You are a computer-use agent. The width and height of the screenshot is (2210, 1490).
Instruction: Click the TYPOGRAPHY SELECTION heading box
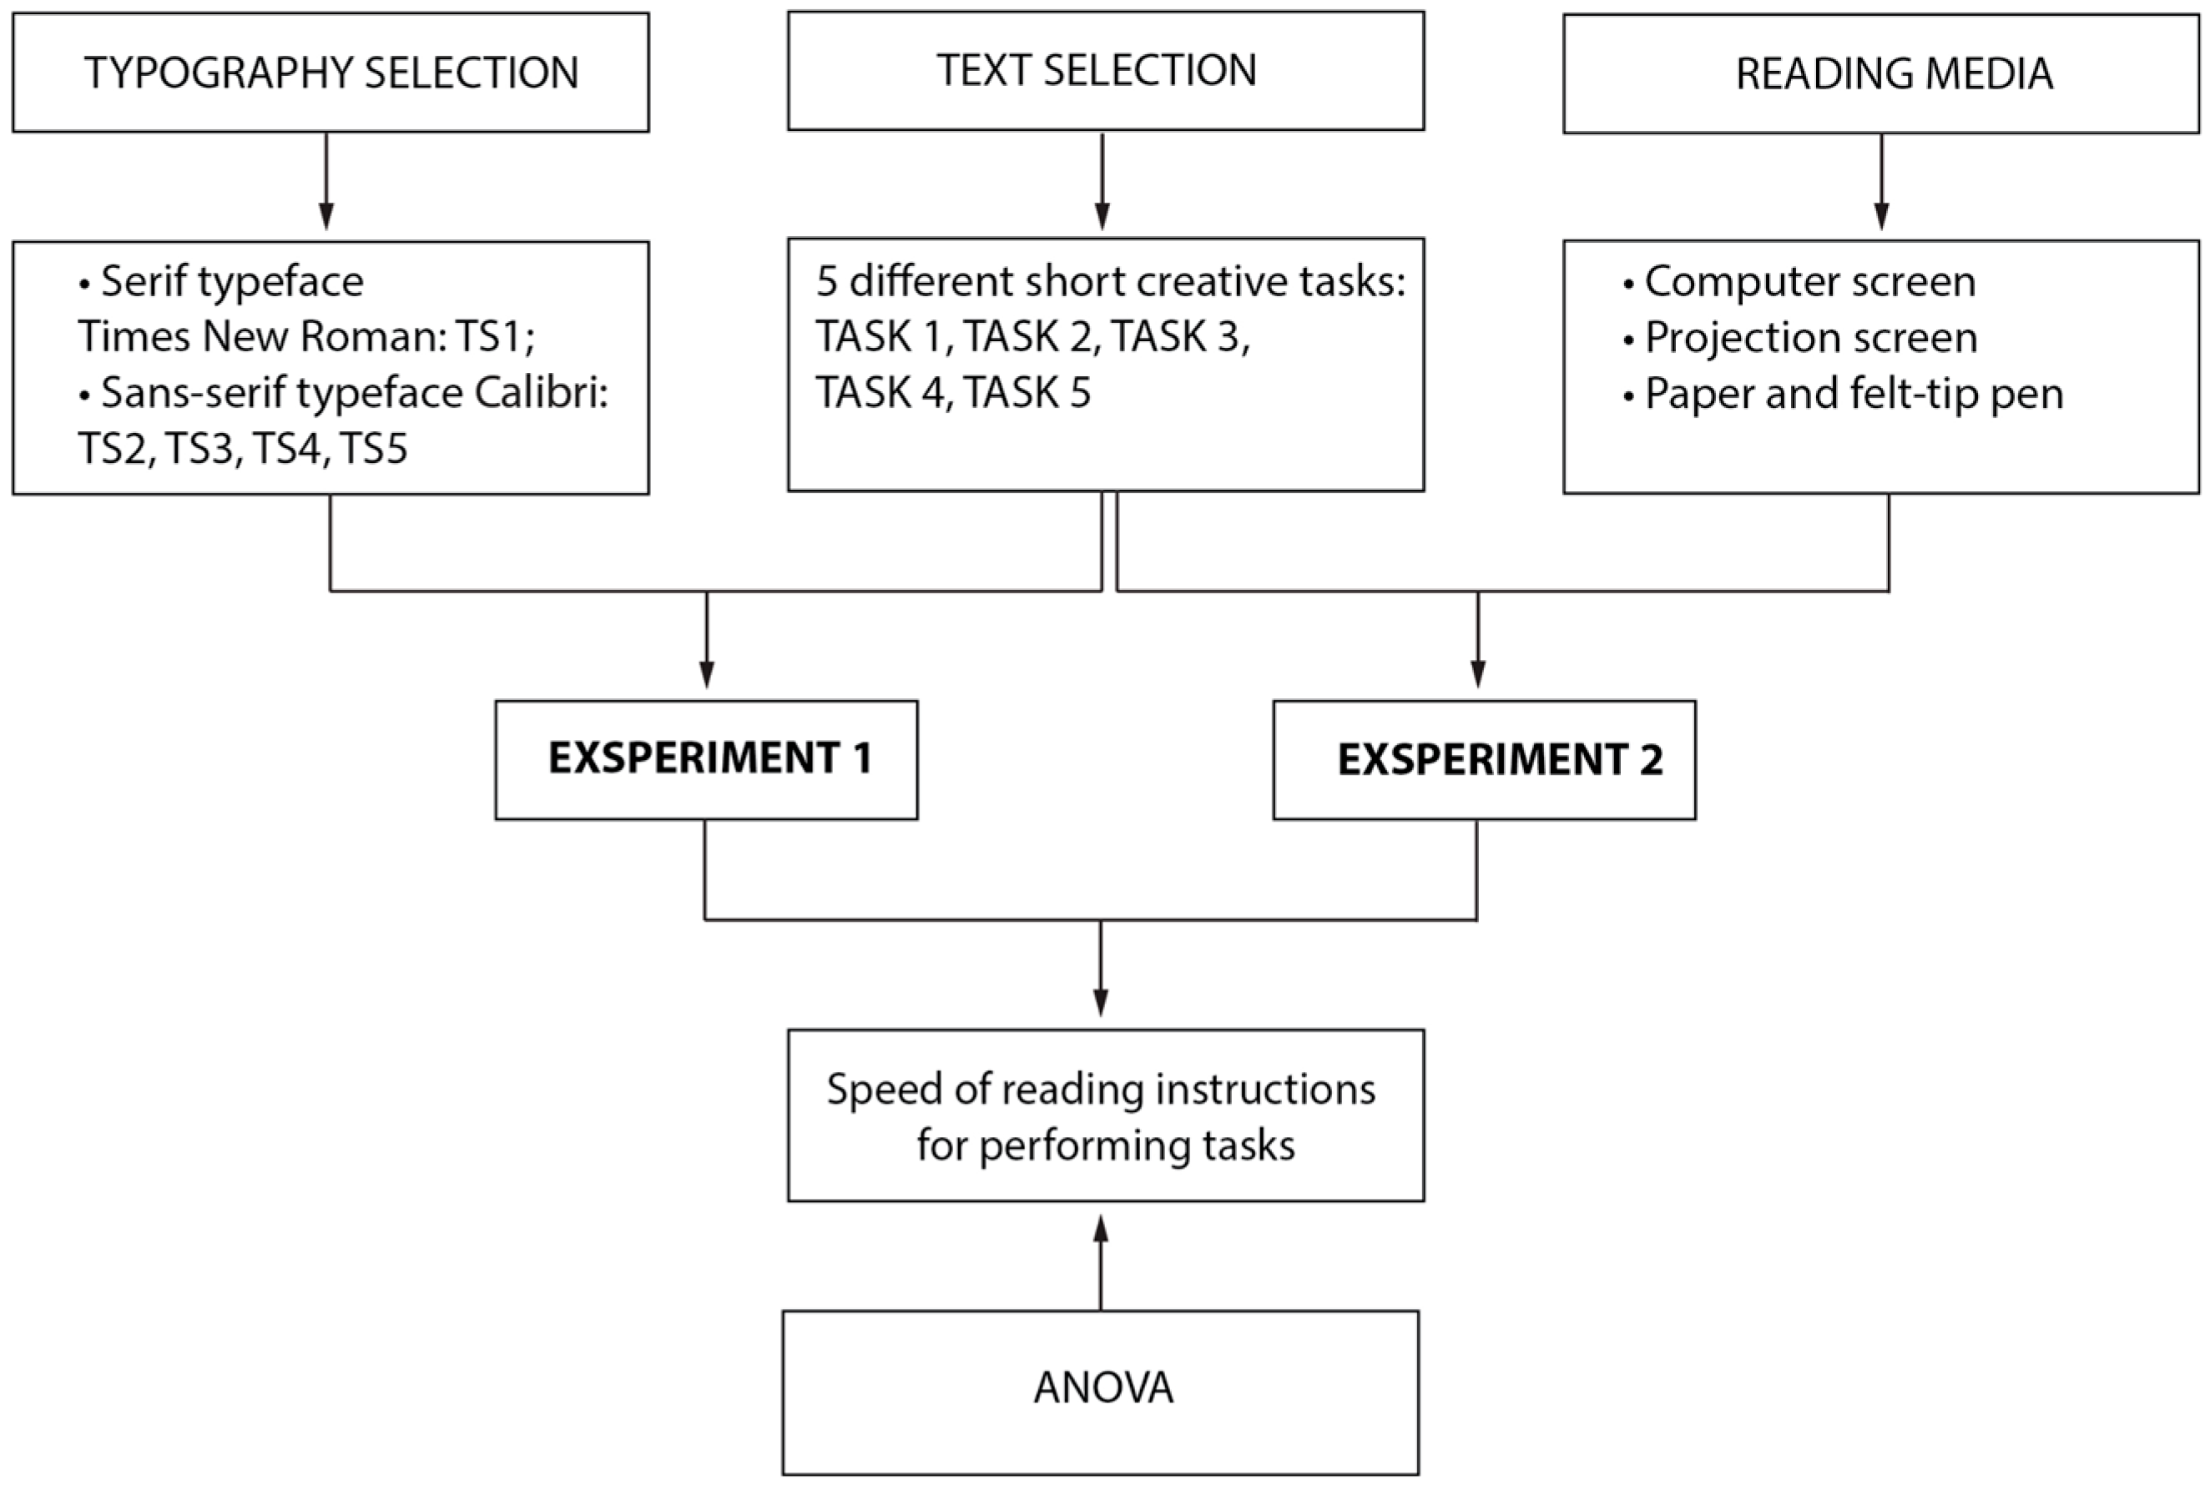pyautogui.click(x=330, y=73)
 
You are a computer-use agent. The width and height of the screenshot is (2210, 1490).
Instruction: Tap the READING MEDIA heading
pyautogui.click(x=1894, y=74)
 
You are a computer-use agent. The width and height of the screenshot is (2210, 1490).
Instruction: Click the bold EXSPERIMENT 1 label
pyautogui.click(x=709, y=758)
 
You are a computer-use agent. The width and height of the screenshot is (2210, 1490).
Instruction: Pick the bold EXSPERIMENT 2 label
pyautogui.click(x=1499, y=760)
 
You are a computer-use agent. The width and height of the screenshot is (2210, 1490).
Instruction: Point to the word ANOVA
pyautogui.click(x=1102, y=1388)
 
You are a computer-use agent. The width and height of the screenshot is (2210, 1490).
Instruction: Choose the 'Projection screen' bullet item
pyautogui.click(x=1810, y=337)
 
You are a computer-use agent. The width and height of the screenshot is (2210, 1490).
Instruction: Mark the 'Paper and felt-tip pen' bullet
pyautogui.click(x=1853, y=394)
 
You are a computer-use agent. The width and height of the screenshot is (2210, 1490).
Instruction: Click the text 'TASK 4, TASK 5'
pyautogui.click(x=952, y=392)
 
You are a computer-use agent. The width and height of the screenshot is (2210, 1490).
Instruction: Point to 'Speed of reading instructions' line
pyautogui.click(x=1101, y=1089)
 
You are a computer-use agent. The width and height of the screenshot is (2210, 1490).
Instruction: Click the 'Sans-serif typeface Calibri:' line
pyautogui.click(x=354, y=392)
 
